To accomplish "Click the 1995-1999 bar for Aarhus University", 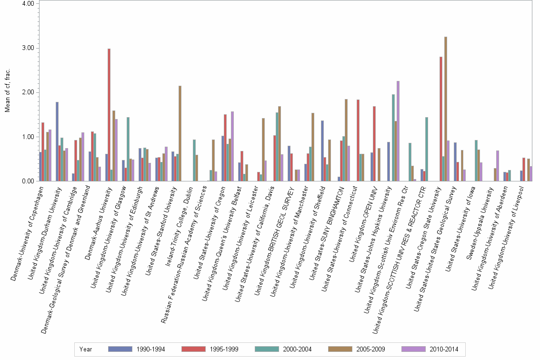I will coord(109,115).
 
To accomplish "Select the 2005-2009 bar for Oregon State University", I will coord(446,109).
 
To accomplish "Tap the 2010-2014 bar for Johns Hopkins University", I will coord(398,131).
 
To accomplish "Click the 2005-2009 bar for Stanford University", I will coord(180,133).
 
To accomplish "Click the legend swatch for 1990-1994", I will coord(120,349).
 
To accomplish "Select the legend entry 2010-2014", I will coord(443,349).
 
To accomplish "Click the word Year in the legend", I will coord(86,349).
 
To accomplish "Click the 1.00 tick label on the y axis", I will coord(27,137).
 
